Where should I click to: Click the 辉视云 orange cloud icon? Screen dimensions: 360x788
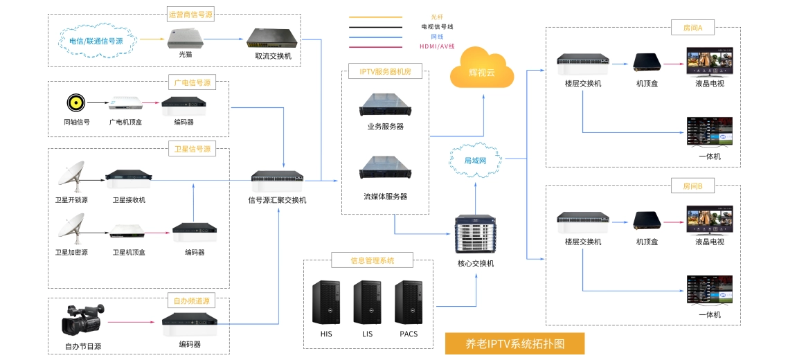(x=482, y=69)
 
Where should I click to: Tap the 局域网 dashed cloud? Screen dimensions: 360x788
(x=476, y=160)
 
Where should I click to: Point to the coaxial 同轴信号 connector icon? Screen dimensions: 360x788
(x=76, y=104)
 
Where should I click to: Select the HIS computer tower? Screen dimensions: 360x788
(x=325, y=303)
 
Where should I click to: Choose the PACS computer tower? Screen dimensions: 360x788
(x=409, y=303)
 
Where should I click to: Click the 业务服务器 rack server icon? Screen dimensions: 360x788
(x=385, y=104)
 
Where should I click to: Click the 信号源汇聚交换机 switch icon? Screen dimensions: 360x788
(x=277, y=178)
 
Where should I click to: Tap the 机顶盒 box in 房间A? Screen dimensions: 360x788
(x=647, y=64)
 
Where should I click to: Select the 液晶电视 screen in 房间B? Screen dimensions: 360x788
(x=709, y=221)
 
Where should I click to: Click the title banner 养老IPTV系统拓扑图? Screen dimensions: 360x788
(x=515, y=343)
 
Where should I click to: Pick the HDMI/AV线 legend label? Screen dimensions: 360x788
(x=437, y=46)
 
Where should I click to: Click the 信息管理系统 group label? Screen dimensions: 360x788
(x=373, y=261)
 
